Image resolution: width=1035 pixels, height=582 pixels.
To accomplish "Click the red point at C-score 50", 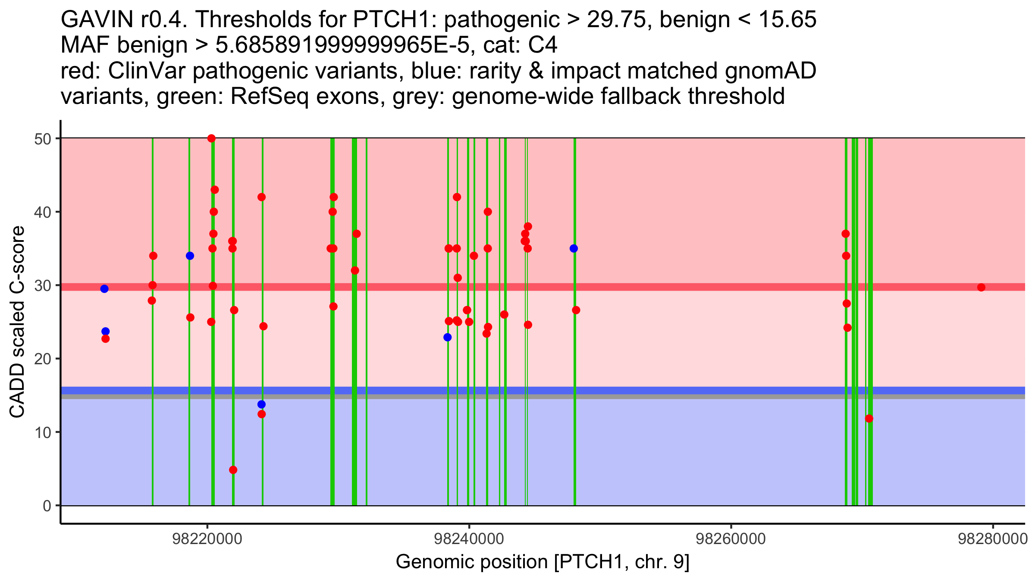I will click(x=211, y=138).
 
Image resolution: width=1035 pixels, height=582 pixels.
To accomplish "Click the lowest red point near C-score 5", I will click(x=233, y=470).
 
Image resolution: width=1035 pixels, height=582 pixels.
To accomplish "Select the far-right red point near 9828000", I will click(x=981, y=288).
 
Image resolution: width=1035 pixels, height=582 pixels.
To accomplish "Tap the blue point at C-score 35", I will click(x=574, y=248).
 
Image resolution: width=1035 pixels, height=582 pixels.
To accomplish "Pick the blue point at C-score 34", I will click(x=190, y=256).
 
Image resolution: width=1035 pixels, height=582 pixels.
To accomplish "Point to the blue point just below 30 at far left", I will click(x=104, y=289).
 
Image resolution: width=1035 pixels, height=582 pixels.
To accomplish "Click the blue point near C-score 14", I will click(x=261, y=404).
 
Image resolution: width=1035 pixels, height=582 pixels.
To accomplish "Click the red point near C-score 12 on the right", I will click(x=869, y=419).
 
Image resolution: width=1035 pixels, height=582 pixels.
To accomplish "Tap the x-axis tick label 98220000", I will click(x=207, y=539).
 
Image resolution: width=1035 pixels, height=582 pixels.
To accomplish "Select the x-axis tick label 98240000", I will click(x=469, y=539).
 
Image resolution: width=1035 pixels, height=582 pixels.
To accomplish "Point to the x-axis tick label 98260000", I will click(x=731, y=539).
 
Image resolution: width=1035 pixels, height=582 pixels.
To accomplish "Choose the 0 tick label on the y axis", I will click(x=47, y=506).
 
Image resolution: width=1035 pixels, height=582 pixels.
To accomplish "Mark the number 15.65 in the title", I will click(x=787, y=19).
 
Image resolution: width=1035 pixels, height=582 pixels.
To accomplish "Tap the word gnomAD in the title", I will click(x=770, y=71).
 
